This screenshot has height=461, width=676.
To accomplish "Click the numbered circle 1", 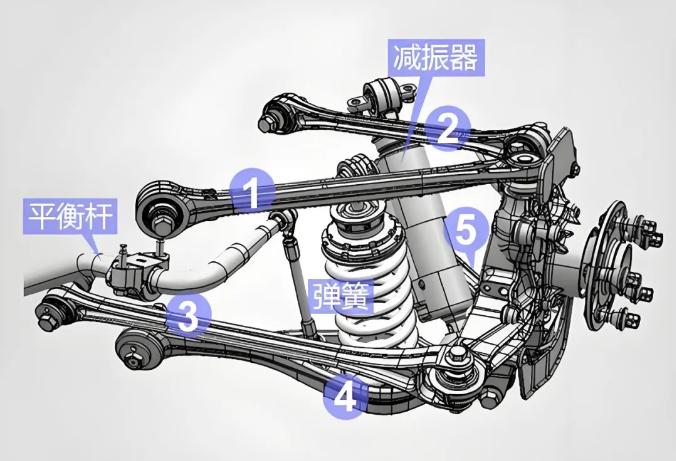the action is point(252,191).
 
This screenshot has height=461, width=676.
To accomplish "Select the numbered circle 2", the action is point(448,128).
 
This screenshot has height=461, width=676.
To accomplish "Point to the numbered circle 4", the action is point(345,397).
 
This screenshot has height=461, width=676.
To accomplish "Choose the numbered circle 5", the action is point(466,230).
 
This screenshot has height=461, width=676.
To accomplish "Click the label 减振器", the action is point(436,58).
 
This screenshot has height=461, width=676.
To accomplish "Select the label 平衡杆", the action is point(70,216).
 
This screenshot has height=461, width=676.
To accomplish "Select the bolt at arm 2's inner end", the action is point(267,122).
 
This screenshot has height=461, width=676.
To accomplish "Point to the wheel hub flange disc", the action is point(603,265).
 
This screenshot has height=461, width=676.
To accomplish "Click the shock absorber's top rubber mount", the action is point(384,96).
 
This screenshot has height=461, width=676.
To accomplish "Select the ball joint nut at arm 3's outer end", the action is point(457,356).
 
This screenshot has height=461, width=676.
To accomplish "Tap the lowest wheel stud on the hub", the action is point(630,319).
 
